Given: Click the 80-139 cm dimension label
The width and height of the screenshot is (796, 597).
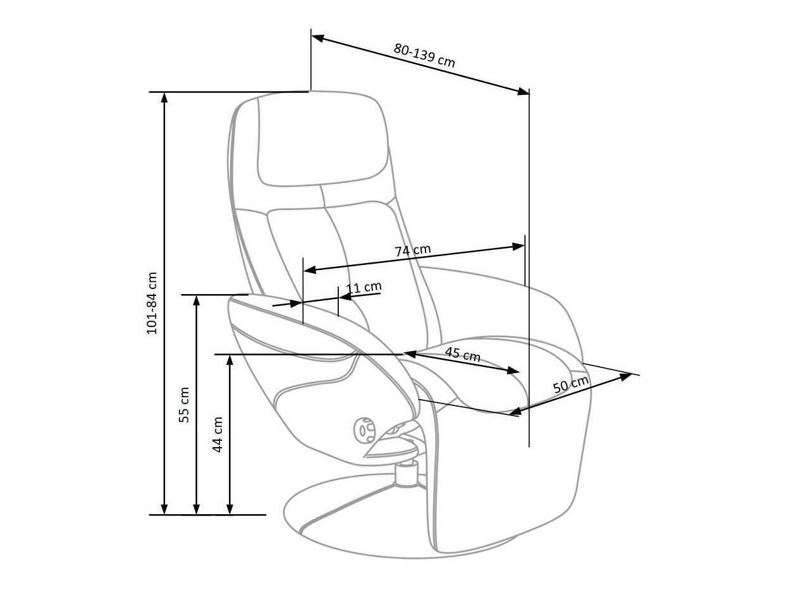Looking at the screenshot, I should click(424, 55).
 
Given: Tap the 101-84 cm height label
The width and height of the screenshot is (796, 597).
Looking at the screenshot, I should click(152, 303).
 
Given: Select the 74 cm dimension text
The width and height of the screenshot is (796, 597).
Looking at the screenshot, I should click(413, 250).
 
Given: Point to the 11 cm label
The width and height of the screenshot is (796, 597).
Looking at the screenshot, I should click(364, 288).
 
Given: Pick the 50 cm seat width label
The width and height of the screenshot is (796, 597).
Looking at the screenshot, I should click(571, 385).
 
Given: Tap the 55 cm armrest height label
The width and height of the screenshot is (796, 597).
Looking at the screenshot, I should click(184, 405).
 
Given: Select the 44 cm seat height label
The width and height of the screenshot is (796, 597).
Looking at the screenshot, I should click(217, 434).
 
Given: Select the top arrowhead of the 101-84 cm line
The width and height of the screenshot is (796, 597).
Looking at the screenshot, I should click(164, 97).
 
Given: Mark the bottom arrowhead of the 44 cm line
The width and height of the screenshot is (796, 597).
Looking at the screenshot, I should click(230, 509).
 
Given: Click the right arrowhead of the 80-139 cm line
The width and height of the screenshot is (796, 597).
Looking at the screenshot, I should click(524, 92).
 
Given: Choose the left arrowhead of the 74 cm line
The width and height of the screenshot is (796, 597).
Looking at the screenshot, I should click(309, 270).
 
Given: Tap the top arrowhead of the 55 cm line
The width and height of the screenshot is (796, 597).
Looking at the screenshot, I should click(197, 300).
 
